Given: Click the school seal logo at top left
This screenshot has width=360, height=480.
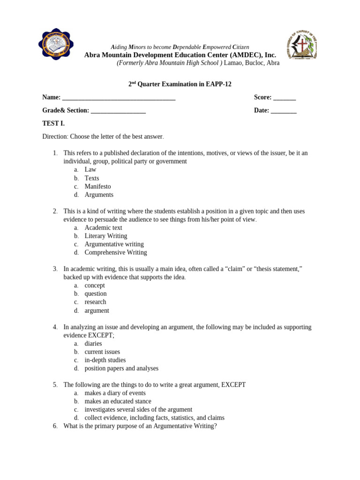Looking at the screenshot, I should [x=56, y=45].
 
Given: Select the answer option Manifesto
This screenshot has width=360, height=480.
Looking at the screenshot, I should [x=97, y=187].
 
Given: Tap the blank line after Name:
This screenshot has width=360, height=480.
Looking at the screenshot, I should [x=119, y=97].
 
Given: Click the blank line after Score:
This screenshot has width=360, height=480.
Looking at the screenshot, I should [x=285, y=97].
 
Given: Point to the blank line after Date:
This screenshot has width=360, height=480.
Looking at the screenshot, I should [x=284, y=111].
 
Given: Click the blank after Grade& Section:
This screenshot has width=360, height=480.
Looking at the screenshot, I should [x=118, y=111].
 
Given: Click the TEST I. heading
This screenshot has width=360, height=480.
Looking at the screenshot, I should [x=53, y=124].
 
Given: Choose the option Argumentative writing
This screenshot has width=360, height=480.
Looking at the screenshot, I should [x=114, y=244].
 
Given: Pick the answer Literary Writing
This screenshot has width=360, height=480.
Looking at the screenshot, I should [x=105, y=236].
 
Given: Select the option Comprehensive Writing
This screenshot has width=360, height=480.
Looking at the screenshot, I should [x=115, y=253].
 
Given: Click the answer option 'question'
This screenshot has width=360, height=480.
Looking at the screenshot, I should [x=96, y=294].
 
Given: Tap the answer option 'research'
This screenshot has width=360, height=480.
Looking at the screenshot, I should [x=95, y=302].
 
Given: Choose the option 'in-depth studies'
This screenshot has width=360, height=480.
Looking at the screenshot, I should [x=105, y=360].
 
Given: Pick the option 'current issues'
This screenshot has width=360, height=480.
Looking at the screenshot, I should [x=102, y=352].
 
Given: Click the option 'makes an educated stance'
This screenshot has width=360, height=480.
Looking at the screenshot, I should [x=118, y=401].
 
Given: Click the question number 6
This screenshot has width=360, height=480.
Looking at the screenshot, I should [x=55, y=426].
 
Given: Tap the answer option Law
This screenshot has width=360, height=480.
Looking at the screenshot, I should [x=90, y=170].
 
